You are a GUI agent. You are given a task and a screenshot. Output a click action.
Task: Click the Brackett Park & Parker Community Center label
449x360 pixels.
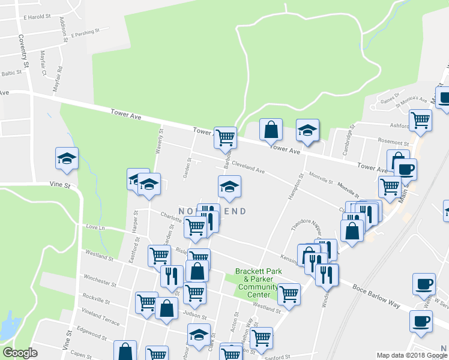(258, 280)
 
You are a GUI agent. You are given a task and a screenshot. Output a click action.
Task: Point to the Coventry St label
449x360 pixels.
(24, 50)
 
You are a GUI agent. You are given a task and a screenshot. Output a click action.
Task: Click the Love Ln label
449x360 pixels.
(95, 228)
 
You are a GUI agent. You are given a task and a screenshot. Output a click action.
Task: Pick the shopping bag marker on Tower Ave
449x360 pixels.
(271, 129)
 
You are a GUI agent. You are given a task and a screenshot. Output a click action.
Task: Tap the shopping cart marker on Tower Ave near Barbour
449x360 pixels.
(225, 137)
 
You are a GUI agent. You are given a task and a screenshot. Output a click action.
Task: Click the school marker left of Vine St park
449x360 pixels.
(67, 158)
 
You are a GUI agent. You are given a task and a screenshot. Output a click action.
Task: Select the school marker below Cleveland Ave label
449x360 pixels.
(229, 187)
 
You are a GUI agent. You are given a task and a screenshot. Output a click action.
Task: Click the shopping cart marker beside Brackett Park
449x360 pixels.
(289, 294)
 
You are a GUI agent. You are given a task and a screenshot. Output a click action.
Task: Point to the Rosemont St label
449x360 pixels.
(393, 142)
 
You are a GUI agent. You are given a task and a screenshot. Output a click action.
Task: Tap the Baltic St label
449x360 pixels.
(11, 73)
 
